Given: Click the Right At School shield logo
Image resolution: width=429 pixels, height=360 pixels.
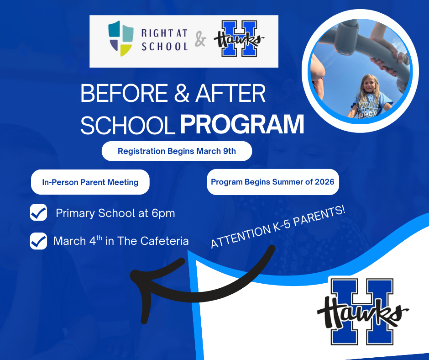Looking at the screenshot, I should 120,38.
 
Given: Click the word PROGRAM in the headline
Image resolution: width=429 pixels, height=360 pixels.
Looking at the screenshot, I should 242,125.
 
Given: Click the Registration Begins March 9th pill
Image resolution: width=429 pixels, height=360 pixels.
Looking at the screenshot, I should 177,151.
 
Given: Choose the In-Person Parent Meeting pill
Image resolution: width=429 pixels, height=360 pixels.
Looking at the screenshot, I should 90,182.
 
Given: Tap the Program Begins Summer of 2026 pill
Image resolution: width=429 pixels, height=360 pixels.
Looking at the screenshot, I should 272,182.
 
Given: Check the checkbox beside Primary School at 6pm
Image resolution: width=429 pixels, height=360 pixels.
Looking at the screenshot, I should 38,213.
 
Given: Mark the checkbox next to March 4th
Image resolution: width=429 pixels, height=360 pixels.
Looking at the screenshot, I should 38,241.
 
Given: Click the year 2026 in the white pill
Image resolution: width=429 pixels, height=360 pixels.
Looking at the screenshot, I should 324,182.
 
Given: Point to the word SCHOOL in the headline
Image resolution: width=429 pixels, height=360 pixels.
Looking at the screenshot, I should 128,125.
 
